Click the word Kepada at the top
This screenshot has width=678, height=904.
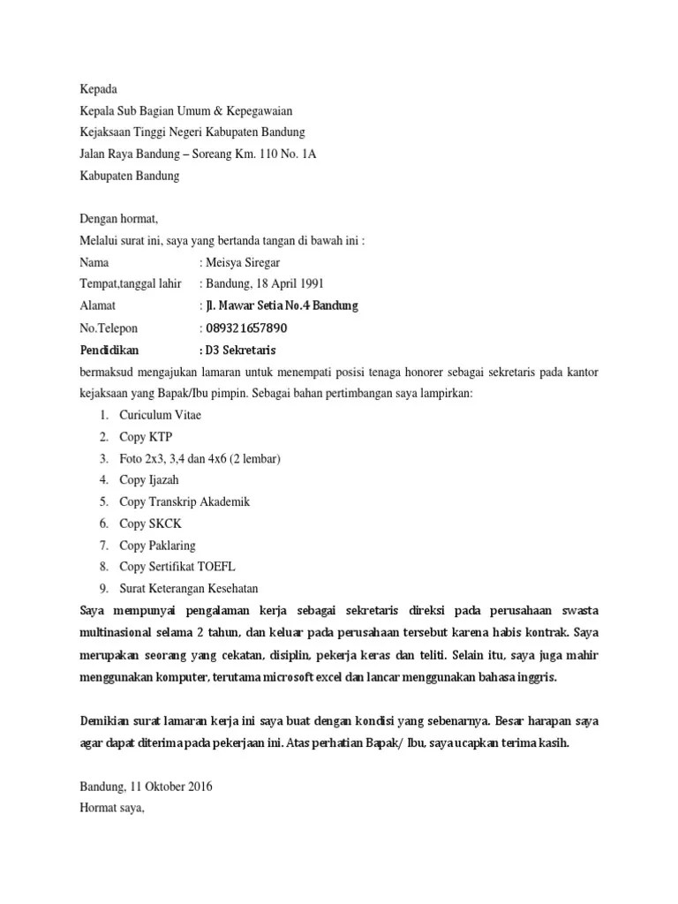click(x=98, y=89)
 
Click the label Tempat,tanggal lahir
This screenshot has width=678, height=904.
click(x=130, y=283)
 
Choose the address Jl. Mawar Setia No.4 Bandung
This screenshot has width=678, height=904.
click(x=282, y=305)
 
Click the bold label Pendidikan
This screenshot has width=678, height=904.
click(x=109, y=349)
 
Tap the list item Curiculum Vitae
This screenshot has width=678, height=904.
click(x=160, y=415)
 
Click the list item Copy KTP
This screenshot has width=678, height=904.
click(x=147, y=437)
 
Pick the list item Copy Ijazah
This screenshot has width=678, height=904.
click(x=149, y=480)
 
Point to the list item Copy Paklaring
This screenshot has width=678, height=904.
click(x=158, y=546)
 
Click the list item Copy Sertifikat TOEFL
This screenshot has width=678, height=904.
click(x=177, y=567)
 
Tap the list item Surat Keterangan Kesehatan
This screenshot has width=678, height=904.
click(x=189, y=589)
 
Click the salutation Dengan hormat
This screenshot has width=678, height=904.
click(x=118, y=219)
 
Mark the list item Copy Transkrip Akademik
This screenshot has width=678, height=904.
click(x=185, y=501)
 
